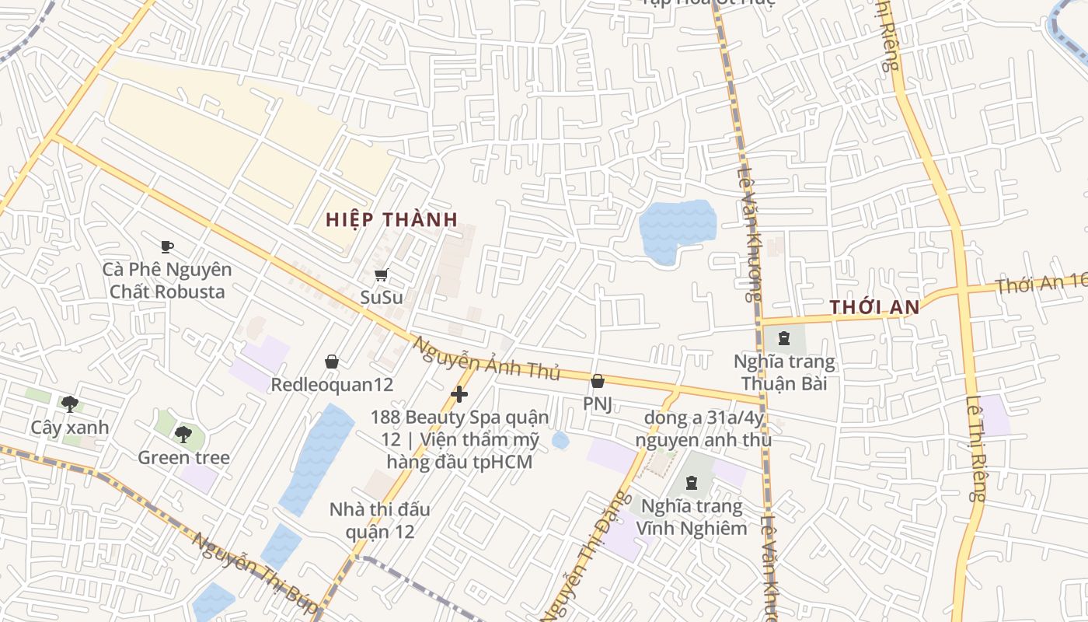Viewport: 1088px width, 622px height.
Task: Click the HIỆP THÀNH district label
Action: coord(392,220)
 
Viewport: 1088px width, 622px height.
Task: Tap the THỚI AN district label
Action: coord(874,307)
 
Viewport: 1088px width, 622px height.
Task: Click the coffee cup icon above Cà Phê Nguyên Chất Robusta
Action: coord(166,247)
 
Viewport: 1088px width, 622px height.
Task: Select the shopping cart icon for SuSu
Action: coord(381,274)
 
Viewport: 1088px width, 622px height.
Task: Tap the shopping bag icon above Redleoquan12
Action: coord(332,362)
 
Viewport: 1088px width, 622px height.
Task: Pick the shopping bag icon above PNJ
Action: coord(598,381)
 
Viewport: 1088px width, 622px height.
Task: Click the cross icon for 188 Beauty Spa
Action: coord(459,395)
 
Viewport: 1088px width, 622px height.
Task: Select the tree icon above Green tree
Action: coord(183,434)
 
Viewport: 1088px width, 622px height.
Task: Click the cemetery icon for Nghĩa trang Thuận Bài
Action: coord(783,338)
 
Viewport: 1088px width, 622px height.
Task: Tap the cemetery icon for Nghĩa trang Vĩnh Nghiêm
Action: coord(691,484)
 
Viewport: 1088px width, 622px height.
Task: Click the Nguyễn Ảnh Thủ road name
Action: coord(486,358)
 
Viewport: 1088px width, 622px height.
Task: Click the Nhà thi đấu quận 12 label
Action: coord(379,521)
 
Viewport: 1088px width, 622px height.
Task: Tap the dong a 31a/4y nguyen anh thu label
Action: coord(703,429)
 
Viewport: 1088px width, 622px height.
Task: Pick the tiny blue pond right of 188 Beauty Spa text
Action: coord(560,441)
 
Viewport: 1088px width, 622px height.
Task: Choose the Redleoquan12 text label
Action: coord(332,385)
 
